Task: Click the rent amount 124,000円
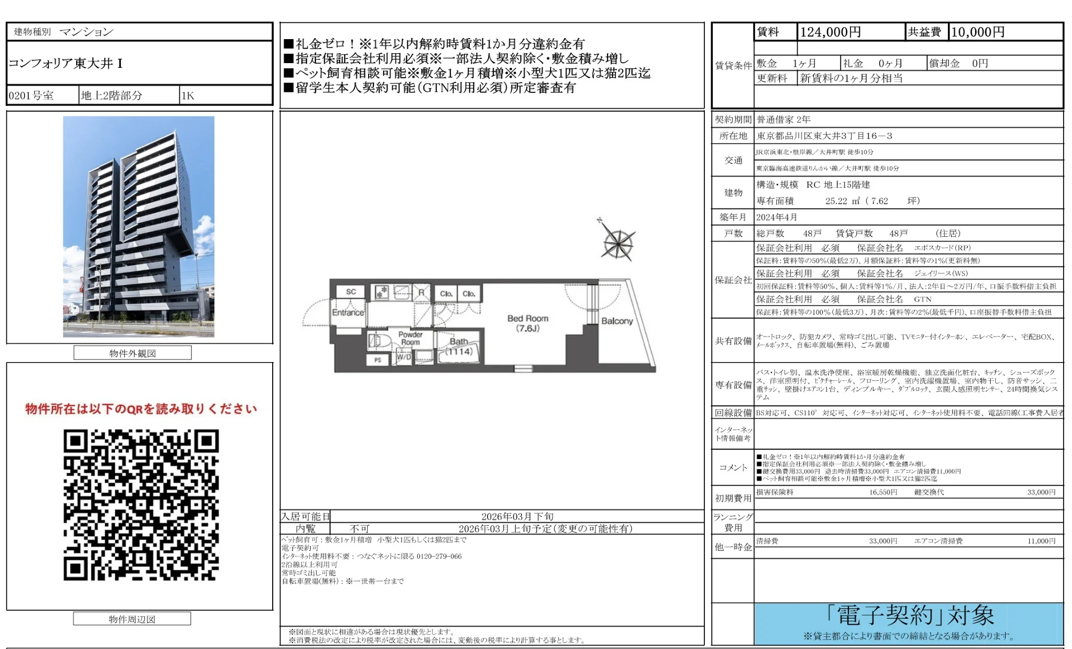pos(830,32)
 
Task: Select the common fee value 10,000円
pos(978,32)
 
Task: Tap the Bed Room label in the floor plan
pos(528,323)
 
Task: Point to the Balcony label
pos(617,321)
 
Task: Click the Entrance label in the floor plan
pos(348,313)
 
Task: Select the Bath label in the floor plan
pos(458,342)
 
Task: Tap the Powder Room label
pos(410,338)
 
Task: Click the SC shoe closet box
pos(351,292)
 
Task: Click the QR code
pos(141,504)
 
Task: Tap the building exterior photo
pos(139,226)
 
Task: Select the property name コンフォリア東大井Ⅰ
pos(66,64)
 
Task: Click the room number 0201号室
pos(31,95)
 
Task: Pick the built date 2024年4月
pos(776,217)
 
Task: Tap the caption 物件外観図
pos(132,353)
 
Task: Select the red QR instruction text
pos(141,409)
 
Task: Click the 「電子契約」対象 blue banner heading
pos(909,616)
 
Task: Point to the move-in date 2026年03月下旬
pos(517,516)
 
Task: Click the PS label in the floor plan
pos(377,360)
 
